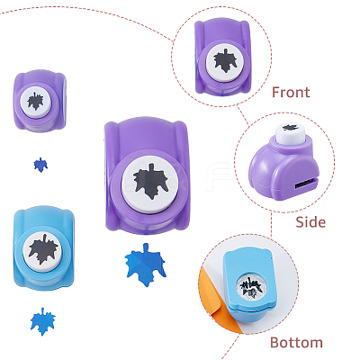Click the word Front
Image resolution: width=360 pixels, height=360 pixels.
point(291,92)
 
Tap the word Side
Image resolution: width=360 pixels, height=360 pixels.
point(310,222)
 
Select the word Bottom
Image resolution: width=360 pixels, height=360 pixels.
point(296,342)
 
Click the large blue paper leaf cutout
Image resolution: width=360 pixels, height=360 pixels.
point(146,265)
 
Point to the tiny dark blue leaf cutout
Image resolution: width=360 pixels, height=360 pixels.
point(40,165)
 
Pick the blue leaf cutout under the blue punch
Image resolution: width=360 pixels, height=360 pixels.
point(43,321)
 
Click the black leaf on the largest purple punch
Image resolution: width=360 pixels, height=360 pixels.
point(150,182)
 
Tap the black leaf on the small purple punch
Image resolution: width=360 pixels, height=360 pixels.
point(35,101)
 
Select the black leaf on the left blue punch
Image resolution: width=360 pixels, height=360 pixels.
point(43,248)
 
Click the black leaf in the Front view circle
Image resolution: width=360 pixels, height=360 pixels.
point(225,60)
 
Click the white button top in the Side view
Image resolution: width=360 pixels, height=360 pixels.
point(291,134)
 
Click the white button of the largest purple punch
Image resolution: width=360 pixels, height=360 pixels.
point(150,184)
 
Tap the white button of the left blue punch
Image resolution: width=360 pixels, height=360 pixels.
point(43,251)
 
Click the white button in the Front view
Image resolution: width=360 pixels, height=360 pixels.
point(225,61)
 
